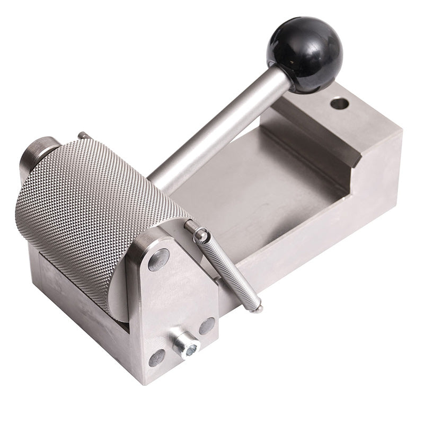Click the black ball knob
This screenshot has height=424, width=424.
306,54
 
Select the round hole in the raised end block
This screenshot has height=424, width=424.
339,103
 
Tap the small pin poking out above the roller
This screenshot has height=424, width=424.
82,136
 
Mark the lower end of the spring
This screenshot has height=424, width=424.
257,307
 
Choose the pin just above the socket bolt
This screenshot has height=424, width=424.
207,325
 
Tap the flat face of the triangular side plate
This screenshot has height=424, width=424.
175,297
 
